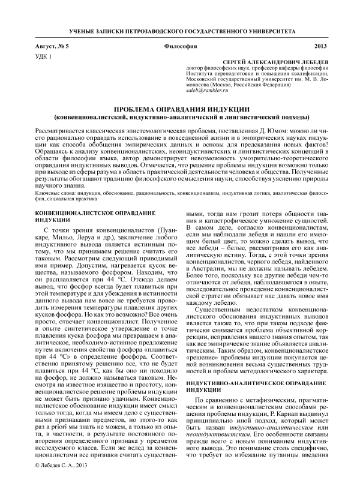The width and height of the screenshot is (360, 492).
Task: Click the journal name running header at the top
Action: (179, 29)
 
